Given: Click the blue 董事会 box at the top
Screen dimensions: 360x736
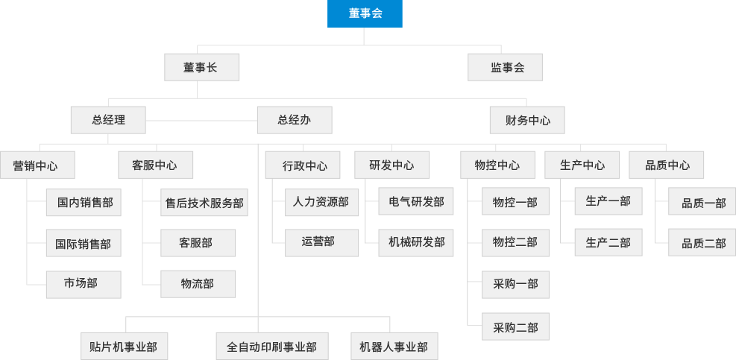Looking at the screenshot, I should click(365, 14).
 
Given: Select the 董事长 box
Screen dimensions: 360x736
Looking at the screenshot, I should click(201, 67).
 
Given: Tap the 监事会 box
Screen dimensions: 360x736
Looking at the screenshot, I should click(505, 67).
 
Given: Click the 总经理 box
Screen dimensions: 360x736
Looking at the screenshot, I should click(108, 119).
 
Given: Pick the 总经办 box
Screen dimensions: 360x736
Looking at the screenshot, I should click(294, 119).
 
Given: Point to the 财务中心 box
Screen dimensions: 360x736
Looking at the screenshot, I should click(527, 119).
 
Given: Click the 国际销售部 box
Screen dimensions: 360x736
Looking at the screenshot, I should click(83, 243).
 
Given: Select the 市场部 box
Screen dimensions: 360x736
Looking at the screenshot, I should click(83, 284).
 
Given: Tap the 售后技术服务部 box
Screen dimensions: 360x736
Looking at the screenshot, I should click(204, 202).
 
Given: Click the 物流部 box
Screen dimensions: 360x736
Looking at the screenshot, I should click(198, 284).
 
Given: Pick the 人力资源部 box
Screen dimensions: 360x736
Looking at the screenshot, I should click(321, 201).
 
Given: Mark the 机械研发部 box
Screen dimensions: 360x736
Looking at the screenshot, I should click(416, 242).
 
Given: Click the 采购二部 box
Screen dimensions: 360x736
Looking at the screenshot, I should click(515, 326).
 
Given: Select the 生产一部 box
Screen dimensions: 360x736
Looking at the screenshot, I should click(608, 201).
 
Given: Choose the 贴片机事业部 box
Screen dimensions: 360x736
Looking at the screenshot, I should click(124, 347).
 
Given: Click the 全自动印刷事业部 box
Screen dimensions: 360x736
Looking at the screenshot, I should click(271, 347).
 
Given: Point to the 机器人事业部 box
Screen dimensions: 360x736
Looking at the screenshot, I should click(393, 347).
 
